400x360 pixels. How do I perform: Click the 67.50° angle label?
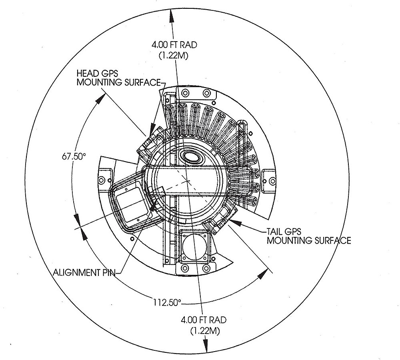click(74, 156)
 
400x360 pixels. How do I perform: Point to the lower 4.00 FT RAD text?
click(204, 320)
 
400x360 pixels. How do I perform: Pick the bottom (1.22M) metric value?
click(204, 331)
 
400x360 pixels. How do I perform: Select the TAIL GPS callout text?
click(284, 232)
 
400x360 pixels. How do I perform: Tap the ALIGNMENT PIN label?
click(84, 273)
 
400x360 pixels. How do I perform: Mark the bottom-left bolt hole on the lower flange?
click(185, 267)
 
